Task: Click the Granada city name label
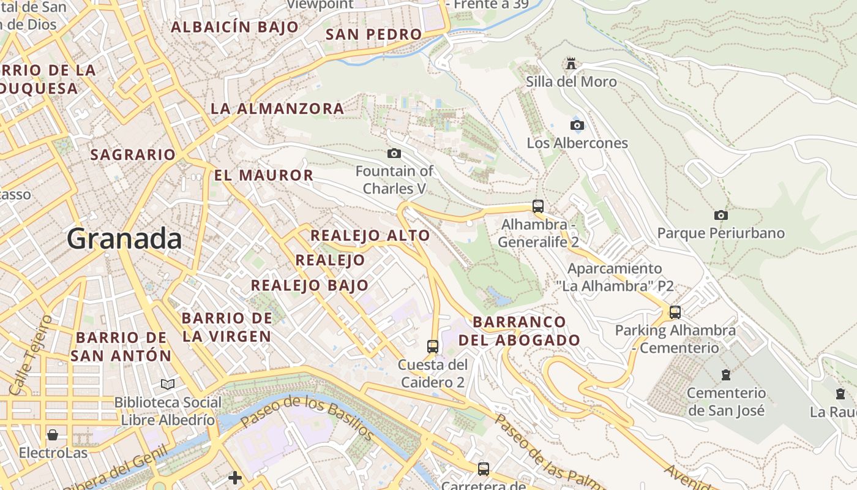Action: [124, 238]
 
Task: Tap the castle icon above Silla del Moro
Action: [571, 63]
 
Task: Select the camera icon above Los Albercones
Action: [577, 126]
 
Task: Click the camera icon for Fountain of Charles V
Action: [394, 153]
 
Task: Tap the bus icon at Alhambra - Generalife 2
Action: [538, 206]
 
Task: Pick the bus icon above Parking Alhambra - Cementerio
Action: [675, 312]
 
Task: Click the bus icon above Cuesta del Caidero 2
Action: [433, 346]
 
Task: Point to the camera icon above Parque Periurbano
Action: [721, 215]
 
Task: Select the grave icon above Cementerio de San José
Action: [726, 374]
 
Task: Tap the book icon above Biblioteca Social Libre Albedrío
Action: [168, 384]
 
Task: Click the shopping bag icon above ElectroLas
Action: [53, 435]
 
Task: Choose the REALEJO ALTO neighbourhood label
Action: [370, 235]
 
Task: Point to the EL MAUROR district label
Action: [264, 175]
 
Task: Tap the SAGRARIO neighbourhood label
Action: [133, 154]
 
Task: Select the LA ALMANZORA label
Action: [277, 108]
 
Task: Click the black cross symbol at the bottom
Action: [235, 478]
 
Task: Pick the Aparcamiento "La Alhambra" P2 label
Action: [615, 277]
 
